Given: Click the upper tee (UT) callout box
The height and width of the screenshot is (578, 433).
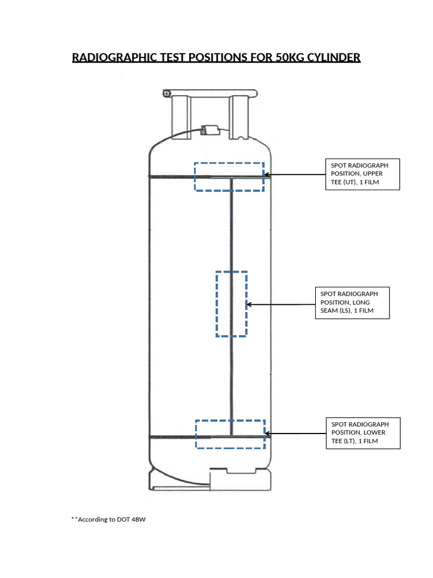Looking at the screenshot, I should (363, 174).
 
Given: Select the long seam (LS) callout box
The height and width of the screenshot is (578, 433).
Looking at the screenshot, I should (352, 303).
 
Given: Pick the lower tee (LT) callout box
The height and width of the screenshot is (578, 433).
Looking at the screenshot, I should (363, 433).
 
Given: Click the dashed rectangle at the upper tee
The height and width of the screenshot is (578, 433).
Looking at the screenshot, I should (229, 177).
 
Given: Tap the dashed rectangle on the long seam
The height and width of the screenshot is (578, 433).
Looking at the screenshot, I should (231, 304).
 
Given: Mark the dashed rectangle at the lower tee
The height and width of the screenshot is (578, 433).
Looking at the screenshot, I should (230, 434).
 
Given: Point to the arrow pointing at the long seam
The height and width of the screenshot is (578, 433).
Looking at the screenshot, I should (280, 304).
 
